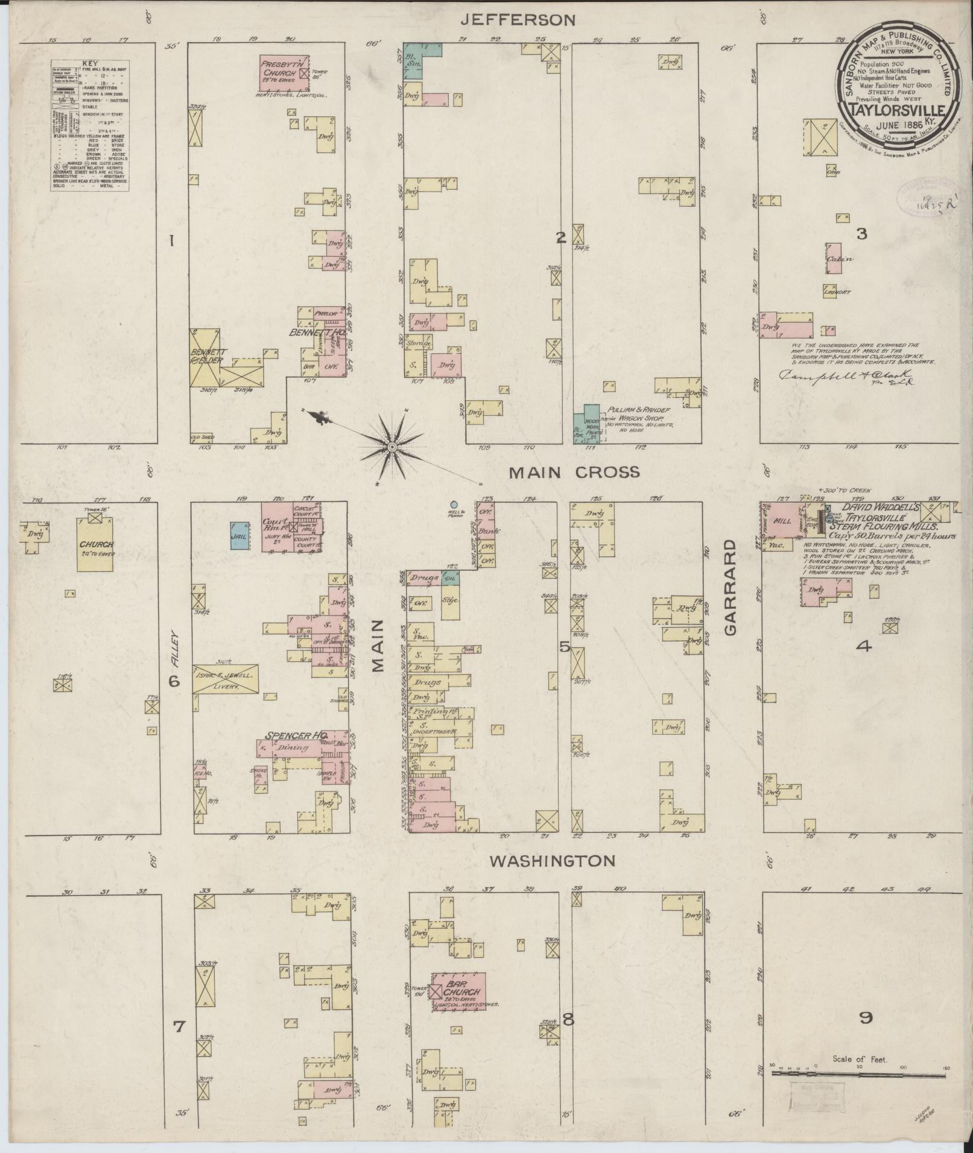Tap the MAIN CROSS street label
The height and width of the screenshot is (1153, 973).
[574, 473]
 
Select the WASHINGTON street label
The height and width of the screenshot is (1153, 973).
[551, 861]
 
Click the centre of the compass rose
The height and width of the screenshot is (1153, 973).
[392, 447]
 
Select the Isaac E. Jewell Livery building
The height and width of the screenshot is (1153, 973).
[225, 681]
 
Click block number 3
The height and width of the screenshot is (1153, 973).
[861, 233]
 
